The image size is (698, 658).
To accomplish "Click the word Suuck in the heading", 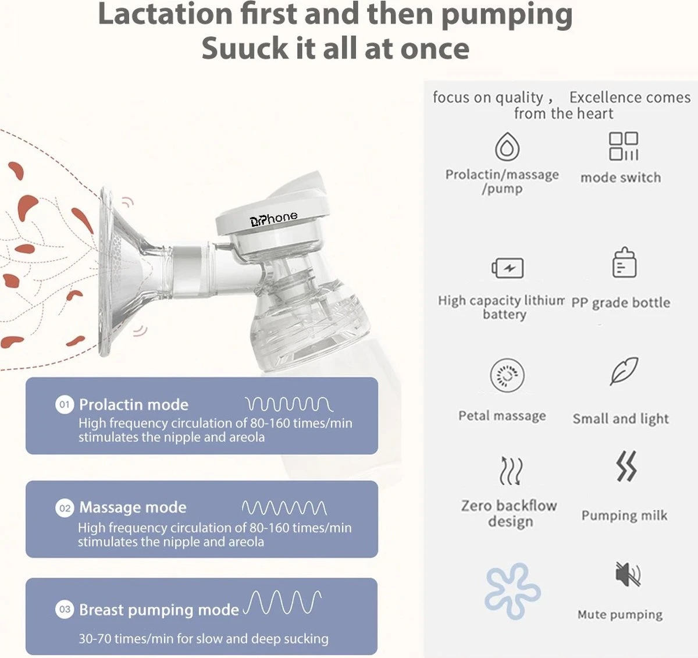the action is click(245, 48).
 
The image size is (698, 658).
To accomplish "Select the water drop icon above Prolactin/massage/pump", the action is click(507, 146).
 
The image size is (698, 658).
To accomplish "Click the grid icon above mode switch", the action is click(624, 146).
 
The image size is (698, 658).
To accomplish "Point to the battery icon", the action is click(508, 268).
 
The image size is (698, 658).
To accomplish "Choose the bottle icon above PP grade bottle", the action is click(625, 262).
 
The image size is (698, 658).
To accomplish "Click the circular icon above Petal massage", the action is click(507, 375).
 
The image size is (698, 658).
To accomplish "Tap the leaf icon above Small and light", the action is click(624, 371).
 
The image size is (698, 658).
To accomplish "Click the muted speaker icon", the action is click(628, 574).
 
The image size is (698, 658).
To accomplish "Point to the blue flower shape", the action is click(512, 591).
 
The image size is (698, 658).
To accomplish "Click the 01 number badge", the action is click(65, 404).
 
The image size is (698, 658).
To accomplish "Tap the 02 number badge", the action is click(65, 508).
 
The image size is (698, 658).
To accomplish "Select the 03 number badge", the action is click(65, 609).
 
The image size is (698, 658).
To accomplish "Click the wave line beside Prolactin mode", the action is click(289, 404).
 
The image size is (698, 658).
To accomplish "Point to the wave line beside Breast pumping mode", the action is click(282, 602).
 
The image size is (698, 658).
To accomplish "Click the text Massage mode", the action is click(133, 507).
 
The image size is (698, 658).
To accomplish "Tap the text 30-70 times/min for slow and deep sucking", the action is click(204, 638).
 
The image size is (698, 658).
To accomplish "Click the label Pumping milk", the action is click(624, 515).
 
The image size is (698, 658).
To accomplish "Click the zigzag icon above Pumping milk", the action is click(626, 466).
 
